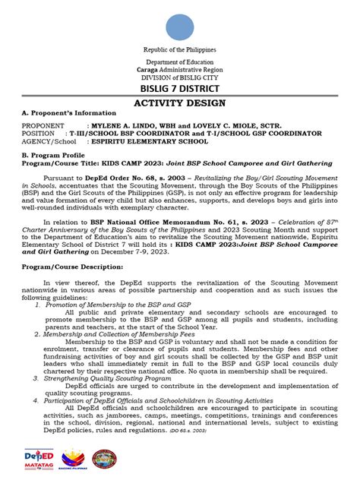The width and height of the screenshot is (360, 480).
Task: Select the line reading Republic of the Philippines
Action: pos(180,49)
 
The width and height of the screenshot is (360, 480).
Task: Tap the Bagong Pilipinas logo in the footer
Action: pos(68,459)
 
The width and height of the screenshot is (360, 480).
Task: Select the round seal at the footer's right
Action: pos(104,459)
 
